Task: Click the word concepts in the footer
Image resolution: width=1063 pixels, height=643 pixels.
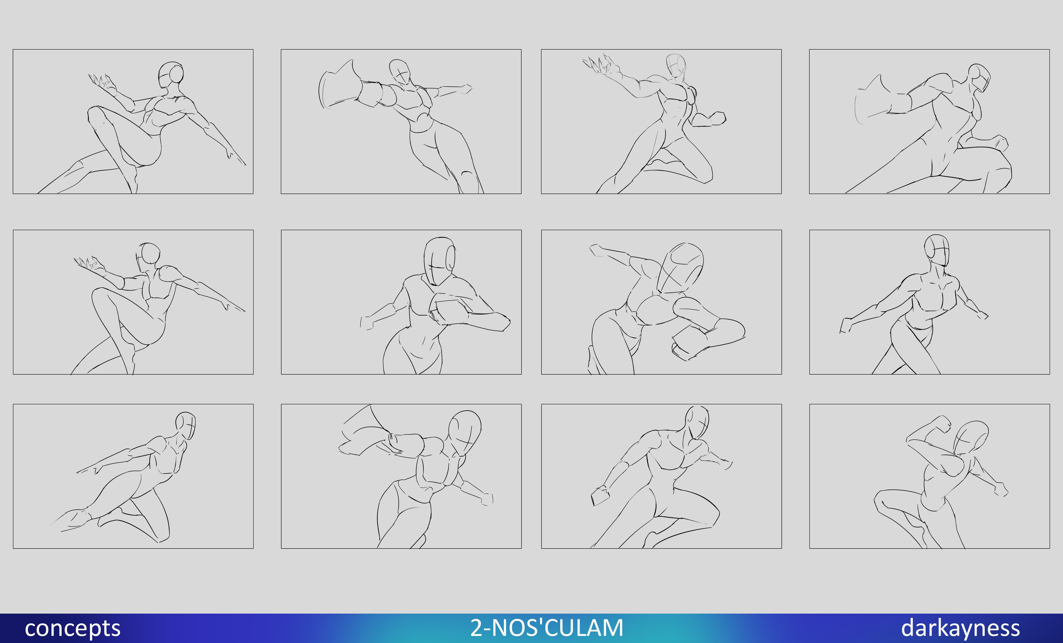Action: [73, 628]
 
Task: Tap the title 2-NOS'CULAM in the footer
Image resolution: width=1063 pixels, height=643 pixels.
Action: [547, 627]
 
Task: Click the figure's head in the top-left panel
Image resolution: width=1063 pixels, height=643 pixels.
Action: [171, 75]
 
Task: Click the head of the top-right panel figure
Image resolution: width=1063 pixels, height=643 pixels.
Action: [980, 78]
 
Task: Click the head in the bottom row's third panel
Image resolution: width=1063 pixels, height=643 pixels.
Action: [697, 423]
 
